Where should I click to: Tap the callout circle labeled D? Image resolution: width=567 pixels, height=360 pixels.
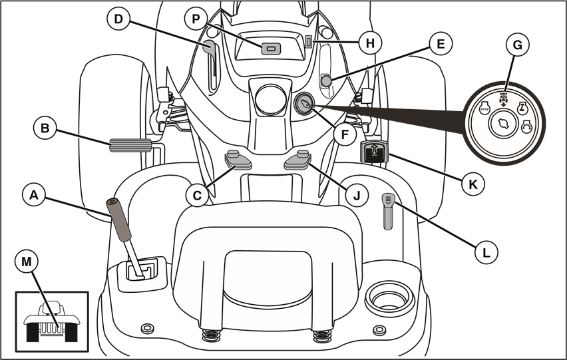point(118,19)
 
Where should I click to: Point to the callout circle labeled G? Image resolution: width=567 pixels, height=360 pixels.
point(517,46)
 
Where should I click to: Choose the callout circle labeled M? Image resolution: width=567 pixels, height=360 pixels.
point(27,263)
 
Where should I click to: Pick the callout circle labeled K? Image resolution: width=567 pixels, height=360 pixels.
point(473,184)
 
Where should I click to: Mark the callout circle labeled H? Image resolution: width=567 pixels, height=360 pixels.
point(370,43)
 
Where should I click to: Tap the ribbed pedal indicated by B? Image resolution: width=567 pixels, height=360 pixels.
point(130,144)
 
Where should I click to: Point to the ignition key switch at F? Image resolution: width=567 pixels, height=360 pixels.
point(303,104)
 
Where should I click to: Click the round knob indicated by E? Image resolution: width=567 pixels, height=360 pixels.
point(326,81)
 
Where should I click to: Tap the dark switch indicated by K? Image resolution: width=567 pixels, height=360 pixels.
point(375,152)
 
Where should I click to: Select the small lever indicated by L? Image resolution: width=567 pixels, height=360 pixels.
point(388,210)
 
